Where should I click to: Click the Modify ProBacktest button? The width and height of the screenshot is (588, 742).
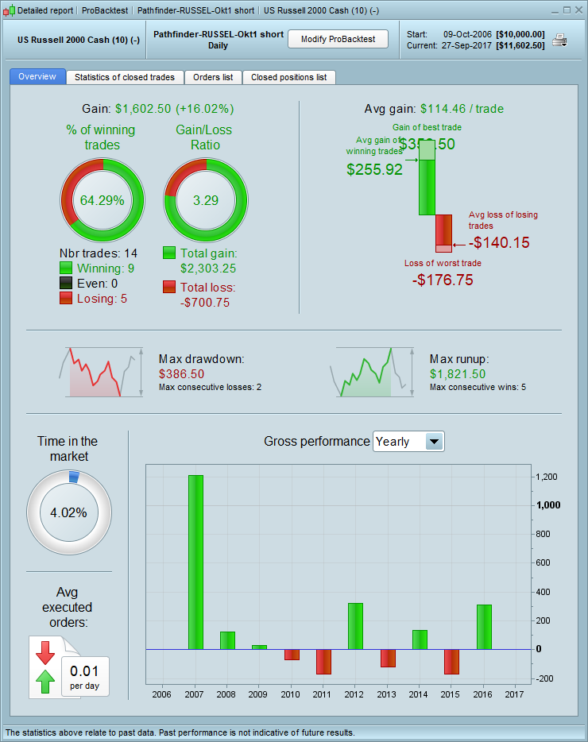[x=338, y=39]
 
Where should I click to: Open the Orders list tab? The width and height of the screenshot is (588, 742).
[x=213, y=77]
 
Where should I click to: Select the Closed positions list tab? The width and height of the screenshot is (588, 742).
[x=288, y=77]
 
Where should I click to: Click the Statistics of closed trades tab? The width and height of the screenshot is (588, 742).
[x=125, y=77]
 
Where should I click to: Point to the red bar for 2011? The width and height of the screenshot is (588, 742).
[x=323, y=662]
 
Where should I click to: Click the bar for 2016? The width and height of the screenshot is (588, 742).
[x=484, y=627]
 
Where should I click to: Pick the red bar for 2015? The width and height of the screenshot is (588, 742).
[x=451, y=662]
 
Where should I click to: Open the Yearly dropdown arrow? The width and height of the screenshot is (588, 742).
[x=434, y=442]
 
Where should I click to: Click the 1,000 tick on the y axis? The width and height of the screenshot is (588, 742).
[x=548, y=505]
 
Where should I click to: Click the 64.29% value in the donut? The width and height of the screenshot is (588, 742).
[x=103, y=200]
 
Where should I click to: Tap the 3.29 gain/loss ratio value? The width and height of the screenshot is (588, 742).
[x=205, y=200]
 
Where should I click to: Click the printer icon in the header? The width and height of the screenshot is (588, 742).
[x=559, y=40]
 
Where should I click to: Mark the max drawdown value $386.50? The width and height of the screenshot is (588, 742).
[x=181, y=373]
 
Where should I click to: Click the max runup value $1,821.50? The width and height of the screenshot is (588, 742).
[x=457, y=373]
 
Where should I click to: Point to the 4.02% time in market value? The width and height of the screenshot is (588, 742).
[x=68, y=512]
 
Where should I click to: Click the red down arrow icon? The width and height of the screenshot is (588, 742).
[x=45, y=652]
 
